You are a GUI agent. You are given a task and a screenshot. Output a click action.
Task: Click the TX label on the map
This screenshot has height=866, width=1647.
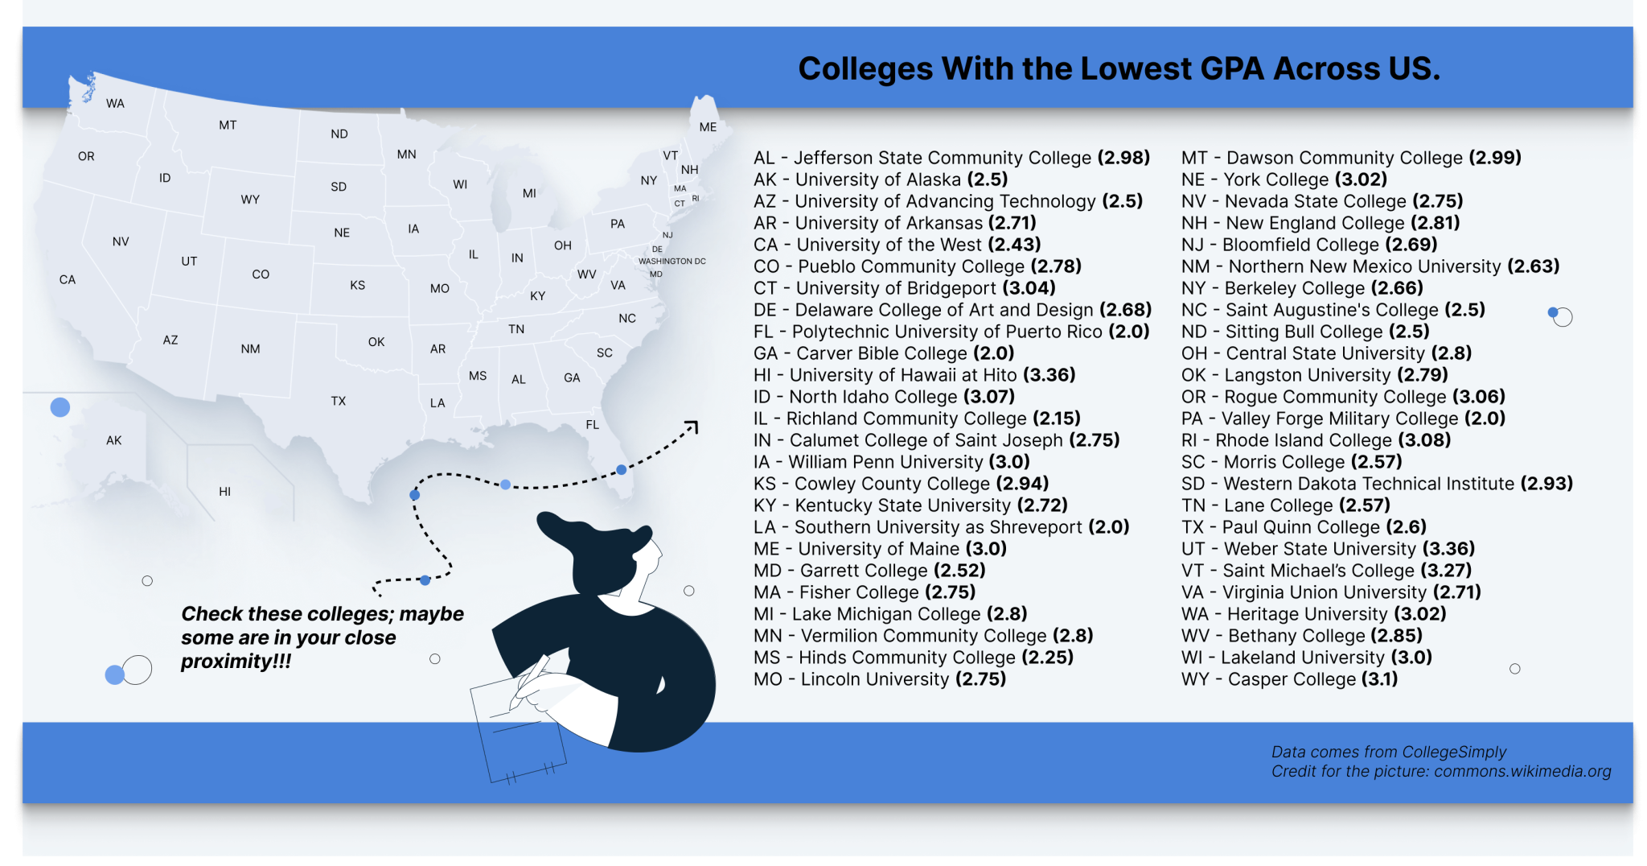pyautogui.click(x=338, y=401)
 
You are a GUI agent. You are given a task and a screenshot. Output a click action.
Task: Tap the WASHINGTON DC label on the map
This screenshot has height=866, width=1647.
pyautogui.click(x=672, y=262)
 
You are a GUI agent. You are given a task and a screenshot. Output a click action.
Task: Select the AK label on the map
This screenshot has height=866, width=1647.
pyautogui.click(x=114, y=440)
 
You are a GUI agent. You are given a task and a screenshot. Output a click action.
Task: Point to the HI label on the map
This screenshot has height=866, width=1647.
pyautogui.click(x=224, y=491)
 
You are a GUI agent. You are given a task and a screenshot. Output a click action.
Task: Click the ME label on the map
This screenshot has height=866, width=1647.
pyautogui.click(x=708, y=127)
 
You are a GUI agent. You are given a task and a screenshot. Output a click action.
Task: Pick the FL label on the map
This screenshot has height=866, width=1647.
pyautogui.click(x=593, y=425)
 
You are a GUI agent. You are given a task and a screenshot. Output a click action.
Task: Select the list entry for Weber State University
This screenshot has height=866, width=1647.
pyautogui.click(x=1328, y=549)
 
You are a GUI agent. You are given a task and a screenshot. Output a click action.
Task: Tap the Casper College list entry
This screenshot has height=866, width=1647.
pyautogui.click(x=1289, y=679)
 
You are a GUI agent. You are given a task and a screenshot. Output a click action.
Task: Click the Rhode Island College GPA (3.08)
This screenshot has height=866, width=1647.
pyautogui.click(x=1424, y=440)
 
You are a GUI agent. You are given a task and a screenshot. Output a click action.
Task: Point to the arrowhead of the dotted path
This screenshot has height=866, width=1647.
pyautogui.click(x=693, y=425)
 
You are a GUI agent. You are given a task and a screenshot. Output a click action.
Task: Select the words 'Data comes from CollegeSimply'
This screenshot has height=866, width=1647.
pyautogui.click(x=1388, y=752)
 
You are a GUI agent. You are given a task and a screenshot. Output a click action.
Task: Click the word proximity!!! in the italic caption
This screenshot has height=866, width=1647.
pyautogui.click(x=236, y=662)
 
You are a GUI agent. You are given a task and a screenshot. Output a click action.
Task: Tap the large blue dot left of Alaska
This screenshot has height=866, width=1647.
pyautogui.click(x=60, y=407)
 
